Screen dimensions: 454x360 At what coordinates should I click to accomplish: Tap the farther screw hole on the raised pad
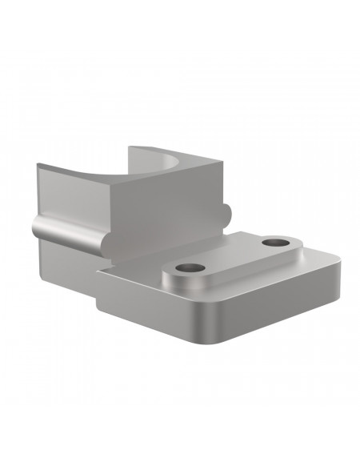pos(277,241)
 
